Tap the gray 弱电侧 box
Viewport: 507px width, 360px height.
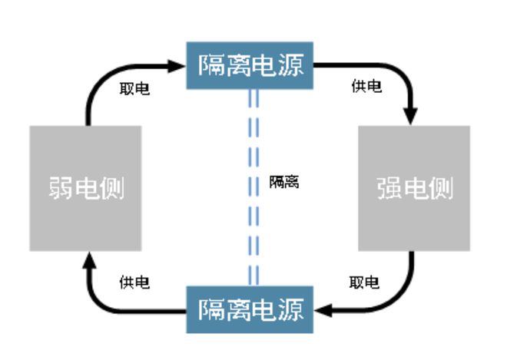85,188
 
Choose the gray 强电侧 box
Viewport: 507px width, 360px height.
414,188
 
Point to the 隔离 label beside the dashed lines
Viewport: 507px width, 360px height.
284,183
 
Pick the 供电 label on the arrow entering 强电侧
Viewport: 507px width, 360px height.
366,86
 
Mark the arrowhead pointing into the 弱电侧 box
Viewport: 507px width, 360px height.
86,260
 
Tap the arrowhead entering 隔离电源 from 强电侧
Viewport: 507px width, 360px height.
323,310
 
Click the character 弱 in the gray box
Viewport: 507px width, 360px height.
60,189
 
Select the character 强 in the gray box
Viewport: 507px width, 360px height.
390,189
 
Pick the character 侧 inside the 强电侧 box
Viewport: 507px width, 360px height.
440,189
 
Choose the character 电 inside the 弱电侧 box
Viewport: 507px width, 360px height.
86,189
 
